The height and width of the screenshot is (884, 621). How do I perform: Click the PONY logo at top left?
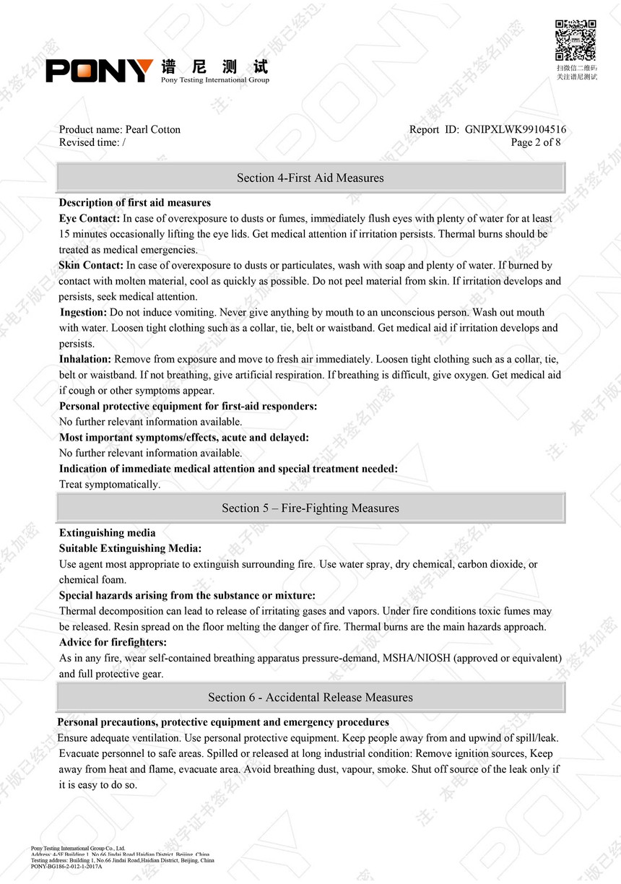(x=100, y=70)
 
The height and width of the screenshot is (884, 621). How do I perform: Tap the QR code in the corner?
(x=576, y=40)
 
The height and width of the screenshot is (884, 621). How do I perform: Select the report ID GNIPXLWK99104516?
(x=516, y=130)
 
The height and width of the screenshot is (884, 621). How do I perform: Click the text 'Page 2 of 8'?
(x=535, y=142)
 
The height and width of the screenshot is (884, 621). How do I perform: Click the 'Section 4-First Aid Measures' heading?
(x=310, y=178)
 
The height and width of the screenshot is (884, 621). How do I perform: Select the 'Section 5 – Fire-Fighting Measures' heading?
(x=310, y=508)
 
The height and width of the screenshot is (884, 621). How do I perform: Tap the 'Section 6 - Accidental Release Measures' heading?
(x=310, y=698)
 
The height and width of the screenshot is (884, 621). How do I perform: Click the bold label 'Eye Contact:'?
(x=90, y=218)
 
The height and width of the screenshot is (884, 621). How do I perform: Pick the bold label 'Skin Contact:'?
(x=91, y=266)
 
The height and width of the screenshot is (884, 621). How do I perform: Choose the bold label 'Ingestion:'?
(x=84, y=312)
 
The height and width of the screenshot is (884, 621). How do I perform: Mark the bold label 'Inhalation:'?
(x=85, y=359)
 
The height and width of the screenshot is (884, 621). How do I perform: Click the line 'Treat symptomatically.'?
(x=110, y=485)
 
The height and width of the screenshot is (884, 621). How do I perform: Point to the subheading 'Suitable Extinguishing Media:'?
(x=130, y=549)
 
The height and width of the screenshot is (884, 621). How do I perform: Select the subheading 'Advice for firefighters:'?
(x=113, y=643)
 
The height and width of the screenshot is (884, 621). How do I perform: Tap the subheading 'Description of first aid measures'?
(x=135, y=203)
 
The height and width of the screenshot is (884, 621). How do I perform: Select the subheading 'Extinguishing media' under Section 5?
(x=107, y=533)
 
